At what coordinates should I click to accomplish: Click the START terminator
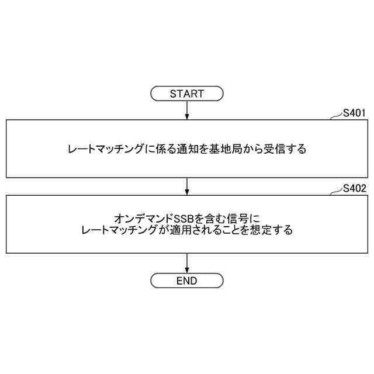[x=186, y=93]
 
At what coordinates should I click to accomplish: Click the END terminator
[x=186, y=281]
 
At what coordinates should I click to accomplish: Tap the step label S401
[x=354, y=112]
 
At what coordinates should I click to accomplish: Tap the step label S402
[x=354, y=188]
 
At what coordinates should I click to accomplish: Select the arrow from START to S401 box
[x=186, y=109]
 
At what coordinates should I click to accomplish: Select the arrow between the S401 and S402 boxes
[x=186, y=186]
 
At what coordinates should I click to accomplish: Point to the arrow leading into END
[x=186, y=262]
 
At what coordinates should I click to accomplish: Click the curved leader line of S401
[x=335, y=117]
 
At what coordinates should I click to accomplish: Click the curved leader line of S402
[x=335, y=193]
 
